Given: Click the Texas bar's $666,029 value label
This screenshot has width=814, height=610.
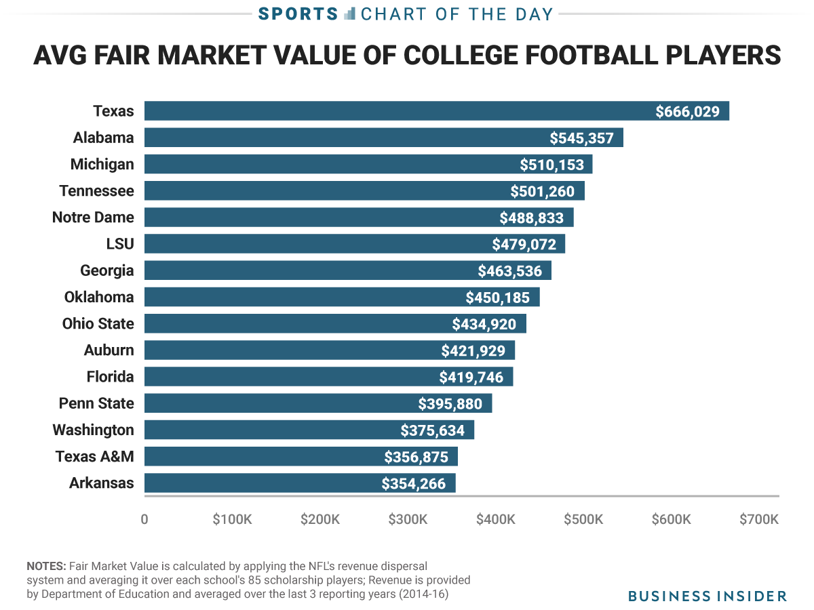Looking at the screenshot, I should [x=687, y=112].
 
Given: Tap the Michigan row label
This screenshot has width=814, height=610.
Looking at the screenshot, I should [x=102, y=165].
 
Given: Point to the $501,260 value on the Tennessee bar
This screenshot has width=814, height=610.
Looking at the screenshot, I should [x=543, y=192].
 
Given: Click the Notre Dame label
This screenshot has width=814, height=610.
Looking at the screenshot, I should [x=93, y=218].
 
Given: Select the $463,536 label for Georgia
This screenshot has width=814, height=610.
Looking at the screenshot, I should [x=510, y=272].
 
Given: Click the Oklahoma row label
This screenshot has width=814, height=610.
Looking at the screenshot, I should [x=99, y=298].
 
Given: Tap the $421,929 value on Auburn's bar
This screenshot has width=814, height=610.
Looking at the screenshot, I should [x=473, y=351].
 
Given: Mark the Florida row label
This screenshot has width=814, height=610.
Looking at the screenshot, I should [x=110, y=377].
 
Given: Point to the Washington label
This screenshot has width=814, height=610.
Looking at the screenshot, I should [x=94, y=430].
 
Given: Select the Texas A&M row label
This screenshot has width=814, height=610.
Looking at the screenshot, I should [x=94, y=457].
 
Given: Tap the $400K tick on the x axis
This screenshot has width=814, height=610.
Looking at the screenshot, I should [x=495, y=520].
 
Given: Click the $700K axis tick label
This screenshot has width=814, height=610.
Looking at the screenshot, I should [x=758, y=520].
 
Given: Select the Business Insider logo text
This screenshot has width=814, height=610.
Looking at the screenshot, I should [x=708, y=596].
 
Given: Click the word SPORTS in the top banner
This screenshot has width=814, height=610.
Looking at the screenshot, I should [x=298, y=14].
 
